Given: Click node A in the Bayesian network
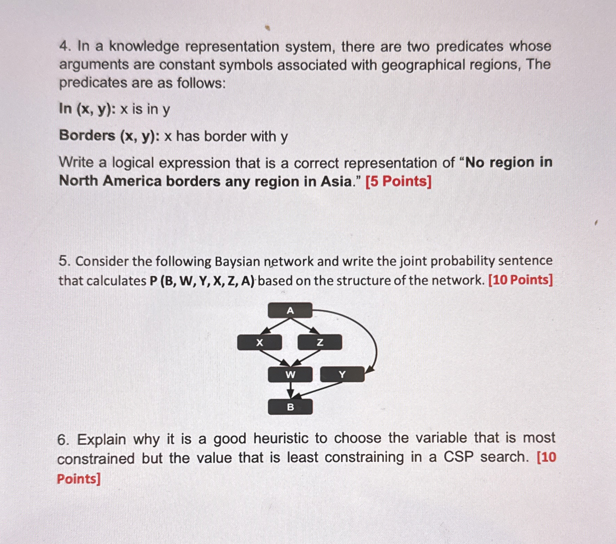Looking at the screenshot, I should click(290, 310).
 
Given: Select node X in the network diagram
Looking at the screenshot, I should click(259, 343).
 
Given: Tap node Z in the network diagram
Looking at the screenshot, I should click(320, 343).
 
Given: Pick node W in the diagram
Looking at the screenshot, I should click(290, 374).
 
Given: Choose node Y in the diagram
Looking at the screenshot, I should click(342, 374).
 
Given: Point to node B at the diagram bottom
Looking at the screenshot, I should click(290, 407).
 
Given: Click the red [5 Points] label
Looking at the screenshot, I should click(399, 181).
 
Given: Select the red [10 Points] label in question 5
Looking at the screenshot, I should click(520, 280).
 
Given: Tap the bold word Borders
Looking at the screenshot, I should click(87, 136).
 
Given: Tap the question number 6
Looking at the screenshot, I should click(64, 439).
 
